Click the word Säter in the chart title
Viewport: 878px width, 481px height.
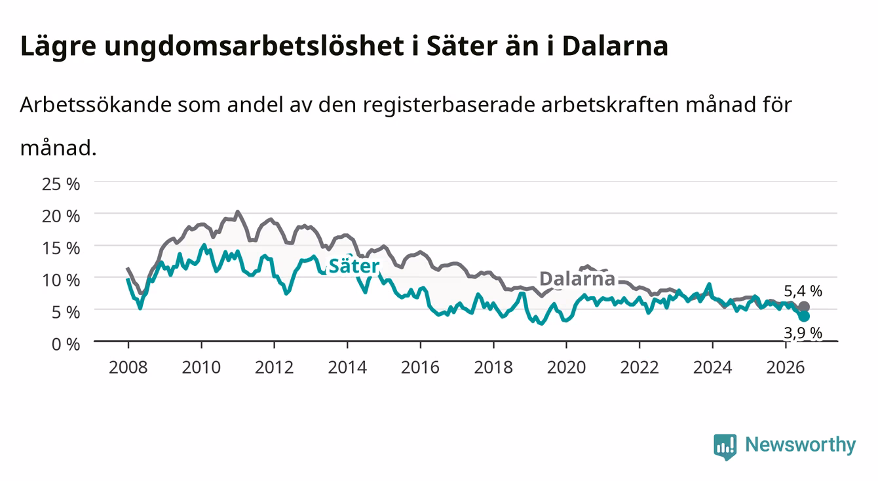(462, 46)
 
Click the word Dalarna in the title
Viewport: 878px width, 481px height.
(615, 46)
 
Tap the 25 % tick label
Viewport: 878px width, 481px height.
(61, 184)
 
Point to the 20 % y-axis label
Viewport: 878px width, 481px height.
(61, 216)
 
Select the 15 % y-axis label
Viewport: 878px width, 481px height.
(61, 248)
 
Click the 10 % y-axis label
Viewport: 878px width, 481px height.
(61, 280)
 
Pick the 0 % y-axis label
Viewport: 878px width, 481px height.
(66, 344)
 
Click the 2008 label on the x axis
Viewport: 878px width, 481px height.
(128, 368)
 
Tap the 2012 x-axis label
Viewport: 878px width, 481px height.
(275, 368)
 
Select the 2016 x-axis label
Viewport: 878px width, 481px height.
(420, 368)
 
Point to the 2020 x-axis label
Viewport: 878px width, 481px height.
(566, 368)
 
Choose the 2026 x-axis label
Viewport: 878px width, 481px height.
(786, 368)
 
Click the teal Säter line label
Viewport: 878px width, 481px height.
(354, 266)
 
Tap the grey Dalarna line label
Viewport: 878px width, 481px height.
(577, 279)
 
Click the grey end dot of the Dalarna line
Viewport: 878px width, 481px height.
(804, 307)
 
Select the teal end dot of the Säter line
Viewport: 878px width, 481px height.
(804, 317)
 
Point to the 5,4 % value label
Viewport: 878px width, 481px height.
(803, 291)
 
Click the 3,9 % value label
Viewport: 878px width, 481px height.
(803, 333)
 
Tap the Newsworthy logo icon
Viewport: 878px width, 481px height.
(725, 446)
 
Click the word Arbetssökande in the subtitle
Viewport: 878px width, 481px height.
(96, 105)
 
